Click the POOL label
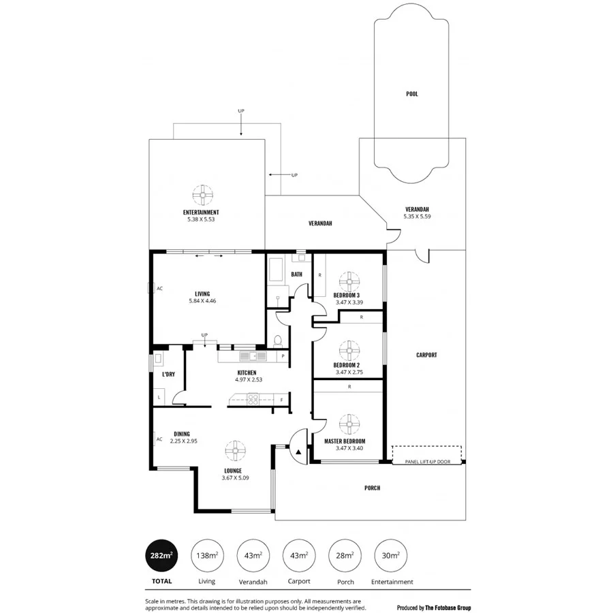(412, 93)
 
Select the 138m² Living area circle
(206, 556)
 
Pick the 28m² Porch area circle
(345, 556)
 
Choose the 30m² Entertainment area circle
(392, 556)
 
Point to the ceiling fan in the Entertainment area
(201, 195)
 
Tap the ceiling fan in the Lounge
(232, 451)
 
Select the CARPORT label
(426, 355)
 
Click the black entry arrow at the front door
(298, 451)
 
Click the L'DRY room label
(169, 375)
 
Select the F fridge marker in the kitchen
(281, 400)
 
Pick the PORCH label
(372, 488)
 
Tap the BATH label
(296, 274)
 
